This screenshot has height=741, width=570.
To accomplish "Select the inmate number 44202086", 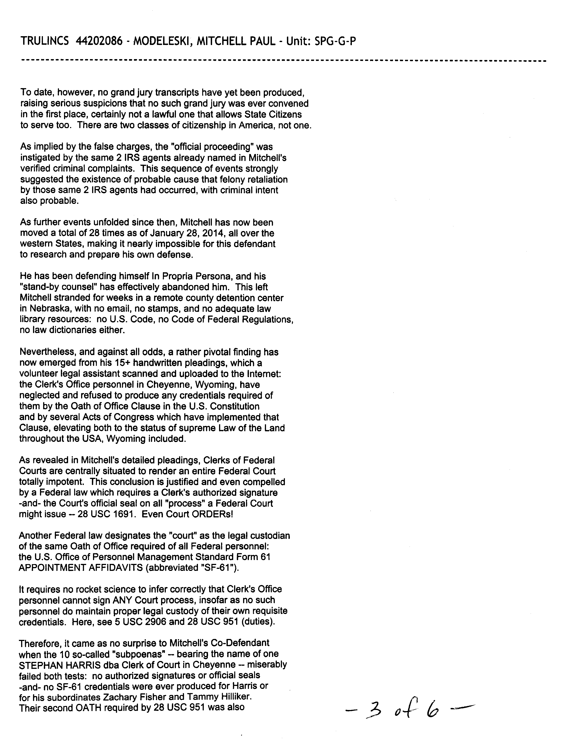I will [101, 41].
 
